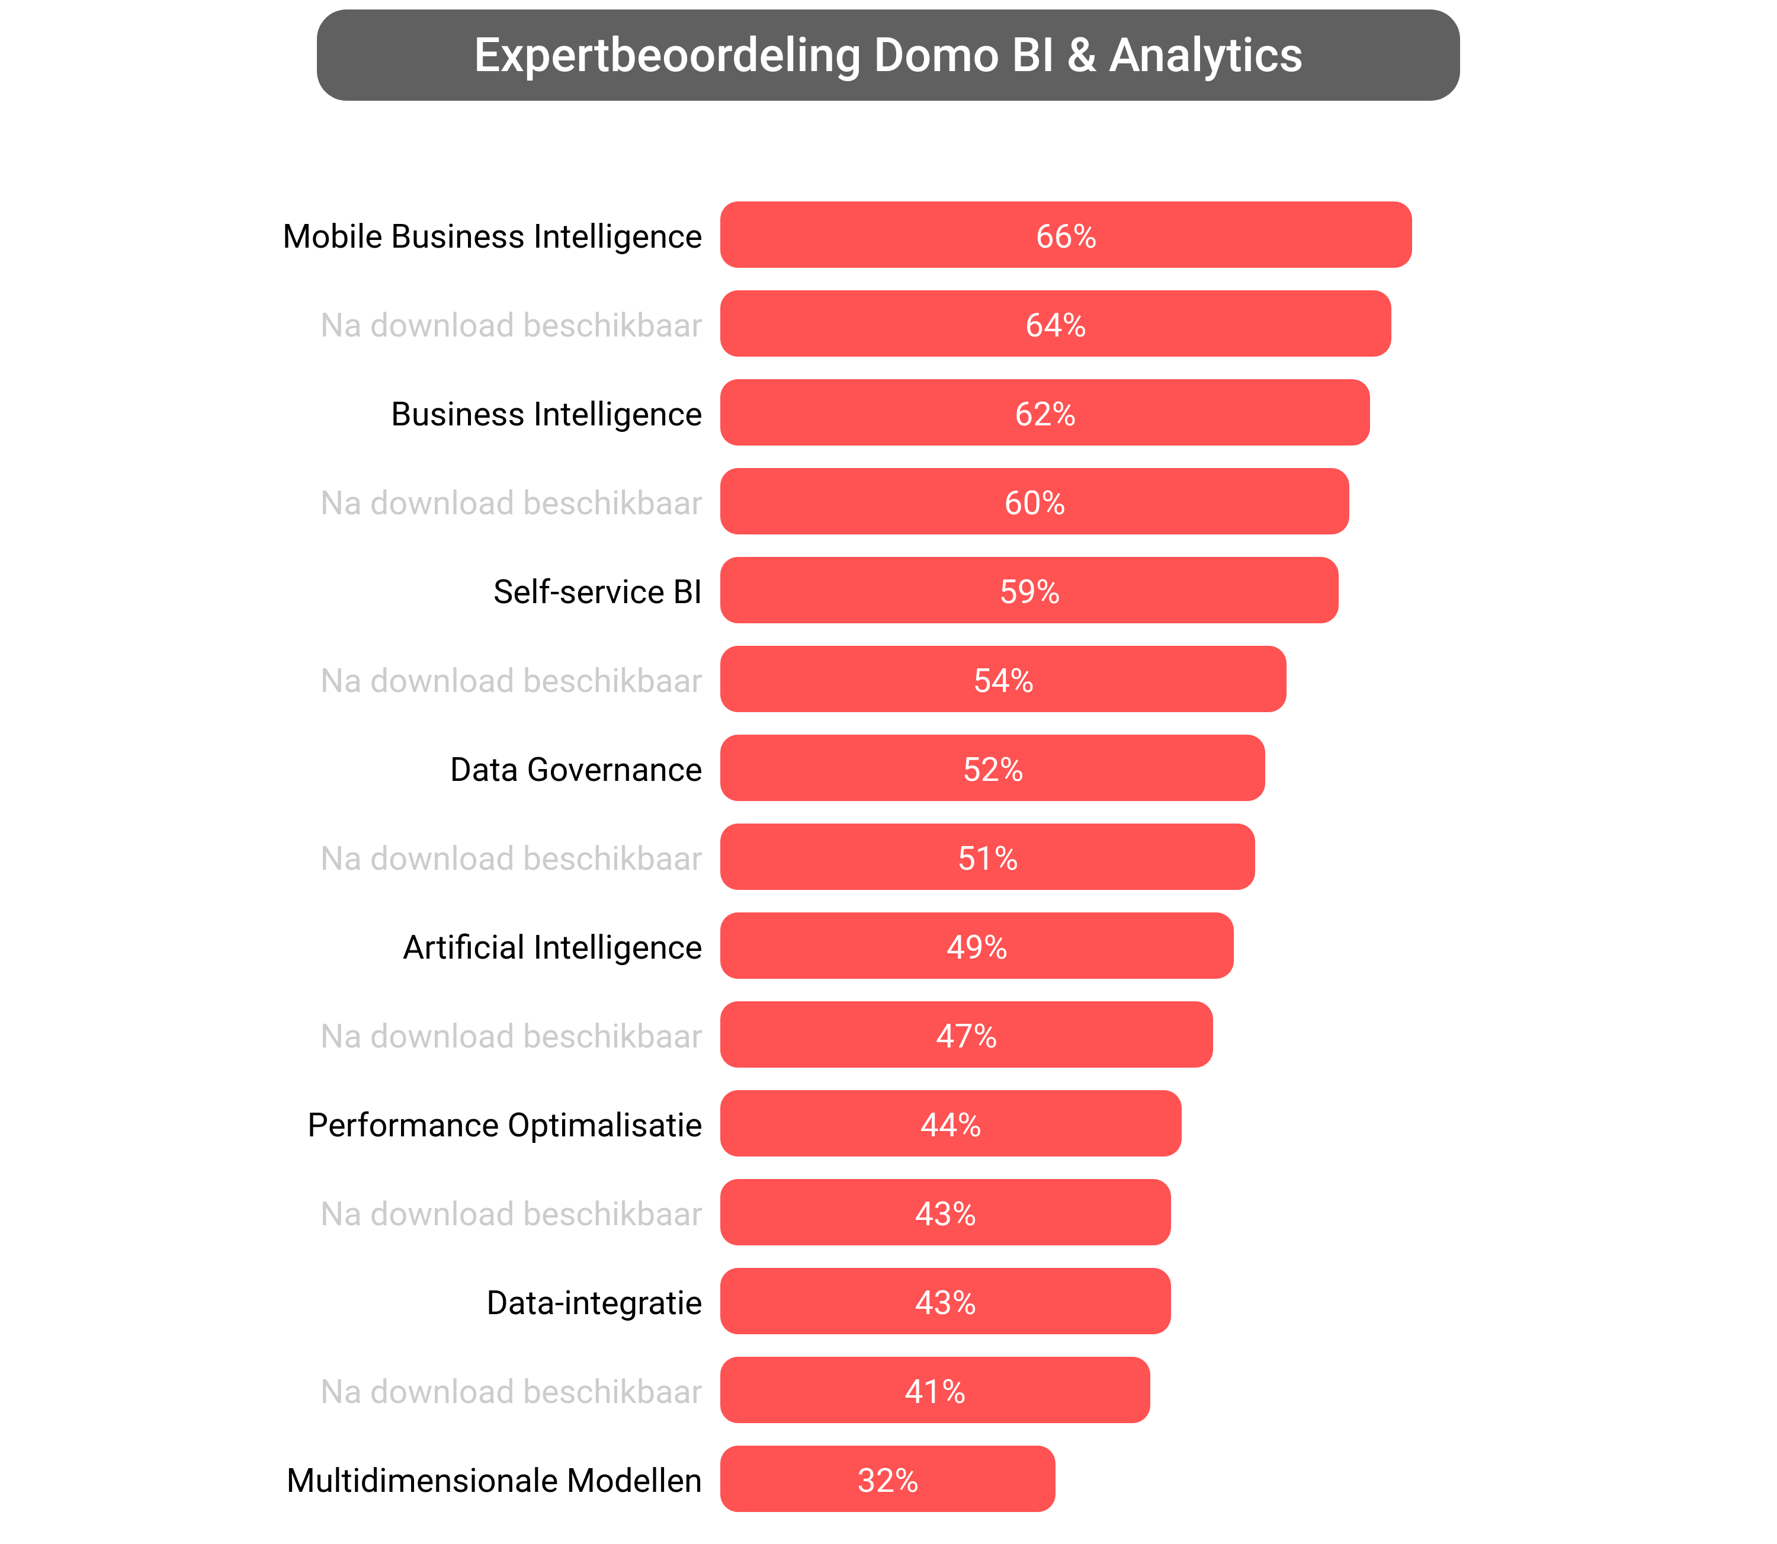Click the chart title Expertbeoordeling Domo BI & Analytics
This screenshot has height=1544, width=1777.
(887, 55)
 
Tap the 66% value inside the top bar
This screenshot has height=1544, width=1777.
(1066, 236)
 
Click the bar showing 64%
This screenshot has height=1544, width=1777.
(1055, 325)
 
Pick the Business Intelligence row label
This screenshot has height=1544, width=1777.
(546, 414)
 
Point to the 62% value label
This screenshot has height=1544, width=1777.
(1045, 414)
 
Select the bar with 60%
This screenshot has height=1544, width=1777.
(1034, 502)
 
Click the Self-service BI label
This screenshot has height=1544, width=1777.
(597, 592)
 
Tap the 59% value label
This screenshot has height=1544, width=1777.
(1029, 592)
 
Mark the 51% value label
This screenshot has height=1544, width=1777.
(987, 858)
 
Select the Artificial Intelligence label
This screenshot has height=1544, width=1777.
(552, 947)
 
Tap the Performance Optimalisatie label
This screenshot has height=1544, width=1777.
(504, 1125)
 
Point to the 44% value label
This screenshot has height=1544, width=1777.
(950, 1125)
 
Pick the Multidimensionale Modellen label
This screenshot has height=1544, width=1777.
(493, 1480)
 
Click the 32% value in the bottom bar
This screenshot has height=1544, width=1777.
(887, 1480)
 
